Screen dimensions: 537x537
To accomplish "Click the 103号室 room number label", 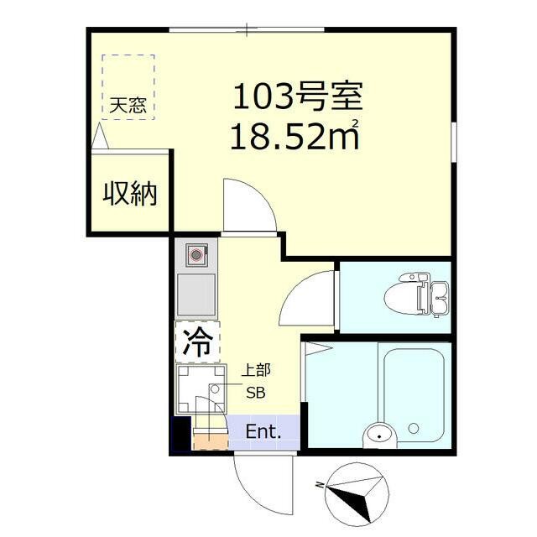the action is coord(298,96).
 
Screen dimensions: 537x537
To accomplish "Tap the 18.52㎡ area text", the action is coord(295,136).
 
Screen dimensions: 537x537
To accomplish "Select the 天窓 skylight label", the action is coord(128,105).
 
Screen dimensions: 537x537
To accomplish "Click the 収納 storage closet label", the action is coord(130,194).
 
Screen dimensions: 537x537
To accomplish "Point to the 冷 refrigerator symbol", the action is coord(198,341).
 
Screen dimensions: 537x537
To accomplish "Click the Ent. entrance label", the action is coord(263,431).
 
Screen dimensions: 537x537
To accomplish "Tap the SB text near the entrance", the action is coord(256,393).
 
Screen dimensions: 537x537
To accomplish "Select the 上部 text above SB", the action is coord(256,371).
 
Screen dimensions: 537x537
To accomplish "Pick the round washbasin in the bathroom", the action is coord(380,436).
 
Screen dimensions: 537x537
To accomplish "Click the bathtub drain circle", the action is coord(414,428).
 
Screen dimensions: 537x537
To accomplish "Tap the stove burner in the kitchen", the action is coord(196,255).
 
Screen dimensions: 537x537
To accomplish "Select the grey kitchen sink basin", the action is coord(196,295).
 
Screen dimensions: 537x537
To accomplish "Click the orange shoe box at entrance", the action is coord(211,441).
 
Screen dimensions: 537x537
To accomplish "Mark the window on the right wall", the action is coord(454,142).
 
